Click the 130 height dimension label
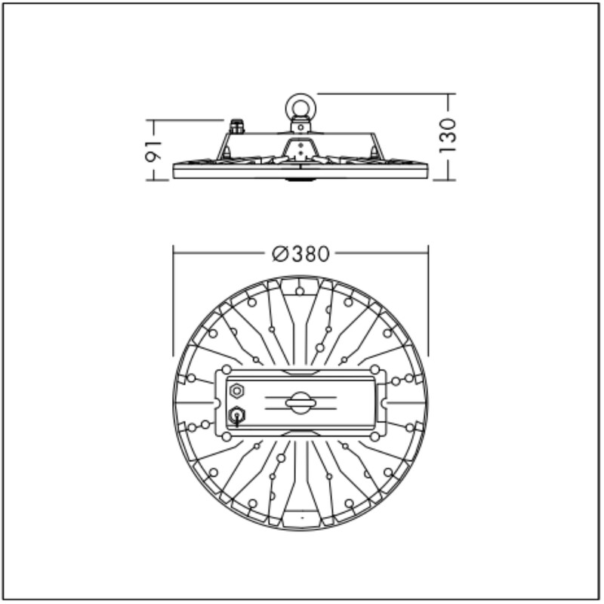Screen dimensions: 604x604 click(448, 136)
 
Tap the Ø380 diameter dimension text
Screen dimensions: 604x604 click(300, 254)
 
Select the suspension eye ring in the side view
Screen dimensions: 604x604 click(300, 105)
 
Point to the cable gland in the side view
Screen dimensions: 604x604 click(236, 126)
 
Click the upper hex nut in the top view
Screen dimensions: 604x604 click(236, 391)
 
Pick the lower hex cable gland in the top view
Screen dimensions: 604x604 click(236, 416)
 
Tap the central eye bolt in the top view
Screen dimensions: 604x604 click(300, 403)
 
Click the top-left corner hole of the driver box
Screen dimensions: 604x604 click(226, 370)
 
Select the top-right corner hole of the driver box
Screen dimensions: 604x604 click(374, 370)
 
